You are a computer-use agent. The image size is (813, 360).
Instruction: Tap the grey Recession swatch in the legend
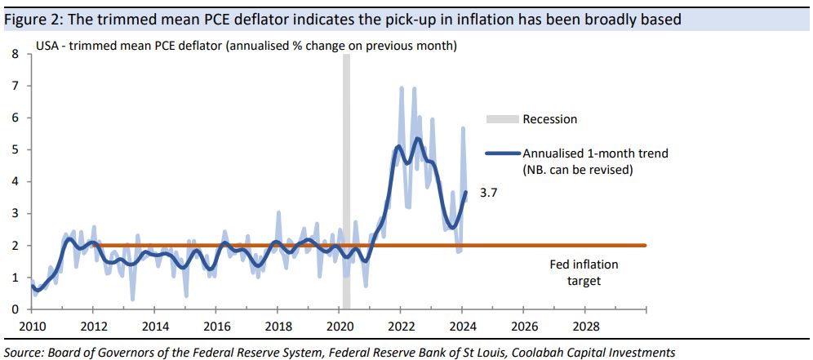click(x=502, y=119)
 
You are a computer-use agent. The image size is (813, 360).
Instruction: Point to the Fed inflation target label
click(x=584, y=273)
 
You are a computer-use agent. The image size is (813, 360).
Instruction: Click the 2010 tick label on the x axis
click(x=32, y=326)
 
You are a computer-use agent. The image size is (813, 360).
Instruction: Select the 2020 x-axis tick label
click(x=339, y=326)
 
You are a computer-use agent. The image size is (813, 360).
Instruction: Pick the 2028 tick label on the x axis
click(x=584, y=326)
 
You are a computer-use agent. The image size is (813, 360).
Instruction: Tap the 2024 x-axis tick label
click(x=462, y=326)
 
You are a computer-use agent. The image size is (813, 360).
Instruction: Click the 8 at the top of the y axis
click(x=13, y=55)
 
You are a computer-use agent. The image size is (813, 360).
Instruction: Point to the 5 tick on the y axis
click(x=13, y=150)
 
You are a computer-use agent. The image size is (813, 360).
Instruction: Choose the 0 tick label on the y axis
click(x=13, y=309)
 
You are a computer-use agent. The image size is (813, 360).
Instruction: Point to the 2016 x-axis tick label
click(x=216, y=326)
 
